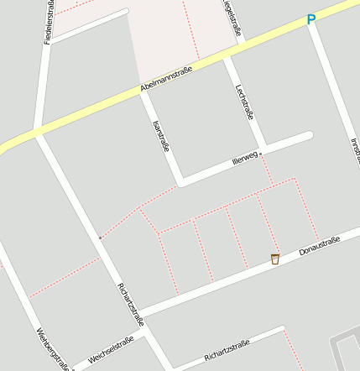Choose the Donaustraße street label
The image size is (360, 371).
tap(319, 247)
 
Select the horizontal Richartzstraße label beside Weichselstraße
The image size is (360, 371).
tap(227, 350)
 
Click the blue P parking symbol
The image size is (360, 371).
tap(311, 19)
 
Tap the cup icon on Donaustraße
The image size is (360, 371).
tap(274, 259)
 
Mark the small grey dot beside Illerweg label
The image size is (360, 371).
tap(261, 154)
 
